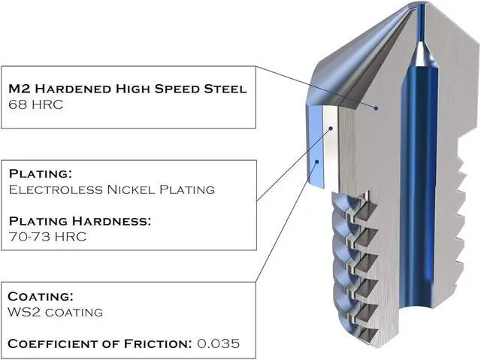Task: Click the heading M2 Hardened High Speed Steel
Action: (x=127, y=89)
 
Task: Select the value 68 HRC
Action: (x=33, y=104)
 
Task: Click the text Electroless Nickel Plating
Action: (x=111, y=189)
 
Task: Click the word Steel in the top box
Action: (x=225, y=89)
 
